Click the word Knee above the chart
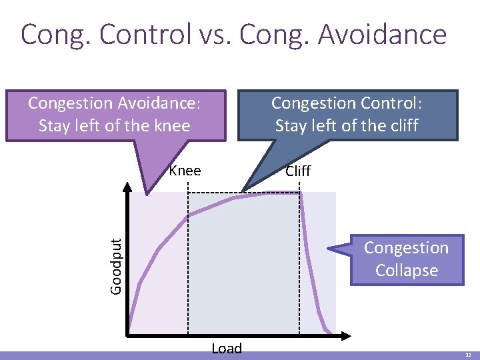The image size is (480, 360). point(185,171)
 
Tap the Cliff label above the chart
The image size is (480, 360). point(297,171)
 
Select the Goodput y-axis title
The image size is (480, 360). point(115,267)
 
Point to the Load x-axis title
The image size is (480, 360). point(227,348)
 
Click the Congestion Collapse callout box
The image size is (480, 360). point(406,259)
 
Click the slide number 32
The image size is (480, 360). point(469,355)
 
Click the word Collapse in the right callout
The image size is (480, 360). point(406,271)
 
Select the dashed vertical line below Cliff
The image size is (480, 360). point(299,280)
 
